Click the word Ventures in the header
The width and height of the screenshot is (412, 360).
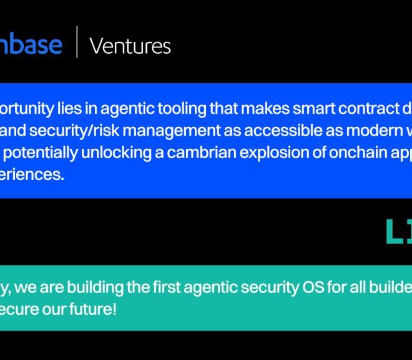pyautogui.click(x=130, y=46)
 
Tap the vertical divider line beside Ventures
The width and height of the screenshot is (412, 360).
pyautogui.click(x=77, y=42)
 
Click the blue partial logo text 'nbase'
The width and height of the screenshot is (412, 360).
pyautogui.click(x=31, y=44)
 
